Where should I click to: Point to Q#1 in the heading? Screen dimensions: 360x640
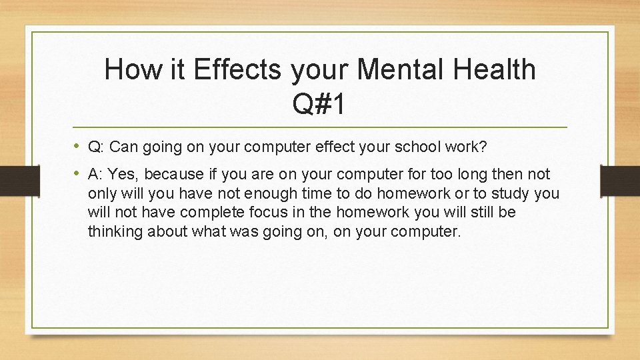[x=319, y=104]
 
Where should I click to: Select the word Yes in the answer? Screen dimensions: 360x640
[x=121, y=175]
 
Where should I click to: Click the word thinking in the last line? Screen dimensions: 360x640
[x=114, y=233]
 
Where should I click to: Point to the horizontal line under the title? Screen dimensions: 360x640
[x=319, y=127]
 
